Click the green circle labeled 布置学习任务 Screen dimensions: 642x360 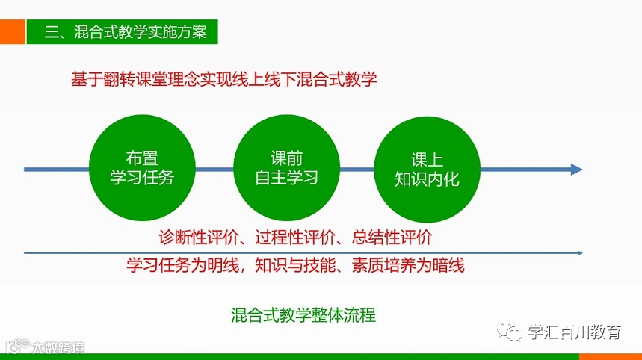[142, 168]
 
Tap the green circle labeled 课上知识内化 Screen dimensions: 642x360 [427, 168]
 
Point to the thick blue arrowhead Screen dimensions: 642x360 [576, 170]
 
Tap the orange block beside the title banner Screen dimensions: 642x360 [11, 32]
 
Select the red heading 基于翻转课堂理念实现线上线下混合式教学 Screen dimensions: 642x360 [224, 79]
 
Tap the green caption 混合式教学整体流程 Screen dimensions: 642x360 [303, 314]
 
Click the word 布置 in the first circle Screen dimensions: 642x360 [142, 159]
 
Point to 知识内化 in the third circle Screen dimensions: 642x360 [427, 179]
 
